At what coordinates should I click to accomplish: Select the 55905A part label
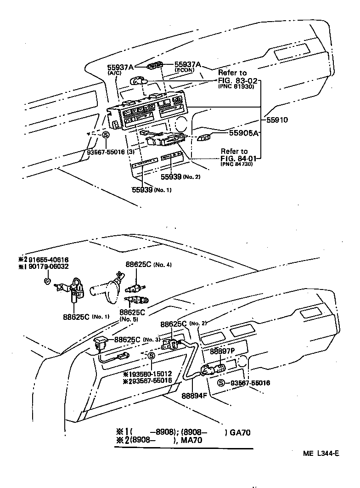pos(245,133)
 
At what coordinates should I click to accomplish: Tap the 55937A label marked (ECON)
pos(188,64)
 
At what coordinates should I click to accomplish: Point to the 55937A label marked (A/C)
pos(121,67)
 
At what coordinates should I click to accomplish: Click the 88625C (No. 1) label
pos(77,316)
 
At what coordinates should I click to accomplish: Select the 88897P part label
pos(223,351)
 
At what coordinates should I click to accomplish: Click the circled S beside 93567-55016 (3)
pos(105,135)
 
